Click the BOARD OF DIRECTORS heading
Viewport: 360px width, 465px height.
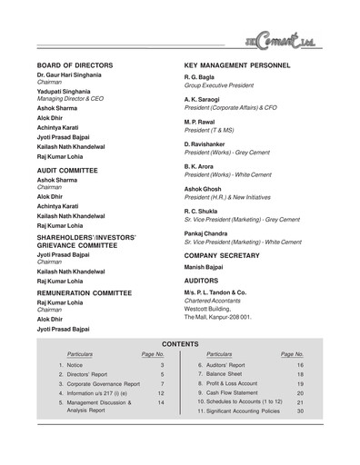pyautogui.click(x=87, y=66)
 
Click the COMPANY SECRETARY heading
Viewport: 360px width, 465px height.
pyautogui.click(x=229, y=256)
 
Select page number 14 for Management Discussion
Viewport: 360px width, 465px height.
pyautogui.click(x=161, y=402)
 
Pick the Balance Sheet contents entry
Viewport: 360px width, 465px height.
pyautogui.click(x=223, y=373)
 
